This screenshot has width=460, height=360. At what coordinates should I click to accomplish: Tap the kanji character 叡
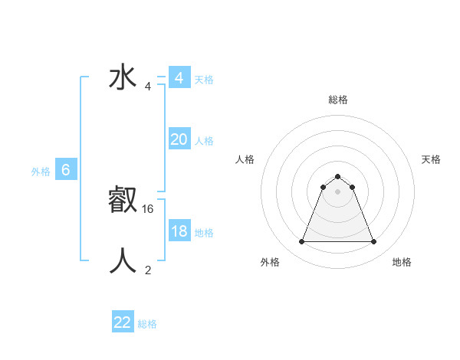pos(123,201)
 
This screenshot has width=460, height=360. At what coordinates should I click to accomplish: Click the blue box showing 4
pos(179,78)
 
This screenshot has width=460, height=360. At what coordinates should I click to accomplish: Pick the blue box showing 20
pos(179,139)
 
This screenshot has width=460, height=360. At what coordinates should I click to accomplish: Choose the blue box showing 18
pos(179,231)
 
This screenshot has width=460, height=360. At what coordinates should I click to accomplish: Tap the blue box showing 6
pos(66,170)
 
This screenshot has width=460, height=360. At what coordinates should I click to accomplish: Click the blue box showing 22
pos(123,322)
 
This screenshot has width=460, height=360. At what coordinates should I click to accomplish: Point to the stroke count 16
pos(149,208)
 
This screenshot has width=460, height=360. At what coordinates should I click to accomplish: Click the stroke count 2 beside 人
pos(148,270)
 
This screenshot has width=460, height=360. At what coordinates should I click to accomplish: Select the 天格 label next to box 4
pos(204,80)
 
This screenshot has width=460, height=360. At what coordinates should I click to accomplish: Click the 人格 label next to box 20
pos(204,141)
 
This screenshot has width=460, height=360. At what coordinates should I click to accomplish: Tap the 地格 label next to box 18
pos(204,233)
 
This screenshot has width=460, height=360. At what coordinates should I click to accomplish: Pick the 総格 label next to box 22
pos(147,324)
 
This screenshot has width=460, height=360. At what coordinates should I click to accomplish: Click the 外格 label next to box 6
pos(41,172)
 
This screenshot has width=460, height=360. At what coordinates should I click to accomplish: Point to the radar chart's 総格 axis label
pos(337,100)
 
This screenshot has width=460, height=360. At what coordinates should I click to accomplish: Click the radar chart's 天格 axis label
pos(431,159)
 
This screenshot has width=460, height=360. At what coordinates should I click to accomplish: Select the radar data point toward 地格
pos(373,242)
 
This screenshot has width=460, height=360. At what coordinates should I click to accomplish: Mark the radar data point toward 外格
pos(301,242)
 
